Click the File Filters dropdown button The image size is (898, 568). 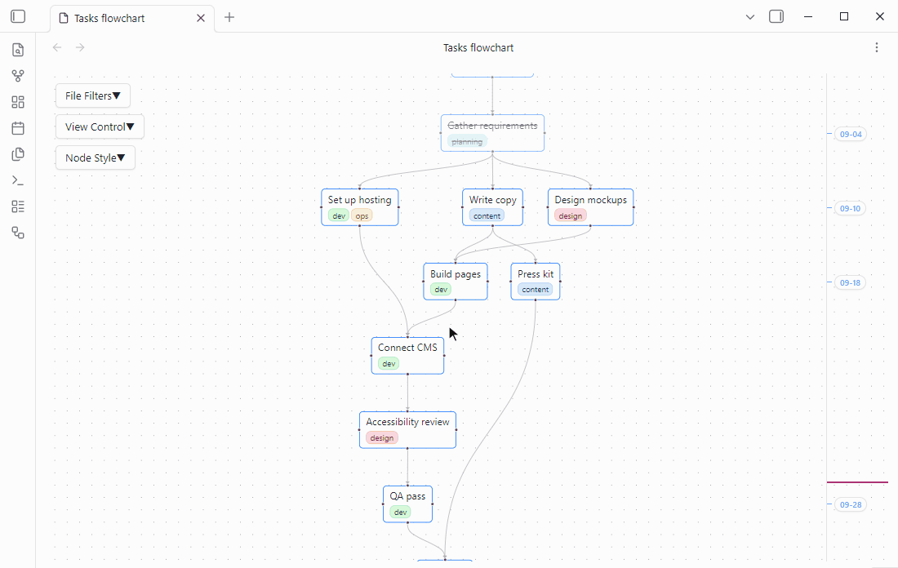click(x=93, y=95)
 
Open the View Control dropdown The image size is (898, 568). click(x=100, y=126)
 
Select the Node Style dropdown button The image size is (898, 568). click(x=95, y=158)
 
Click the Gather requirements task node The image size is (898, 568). click(x=492, y=133)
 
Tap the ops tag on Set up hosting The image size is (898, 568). click(x=362, y=216)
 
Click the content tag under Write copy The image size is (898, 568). click(x=487, y=216)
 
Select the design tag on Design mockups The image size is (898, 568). click(x=571, y=216)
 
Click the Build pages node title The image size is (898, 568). click(x=456, y=274)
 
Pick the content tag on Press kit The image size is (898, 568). click(x=536, y=290)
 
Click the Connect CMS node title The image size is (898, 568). click(x=407, y=348)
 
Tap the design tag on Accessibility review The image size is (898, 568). click(x=382, y=438)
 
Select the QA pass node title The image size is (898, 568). click(x=407, y=496)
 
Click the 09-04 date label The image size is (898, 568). click(x=851, y=135)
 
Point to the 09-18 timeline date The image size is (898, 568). click(x=851, y=283)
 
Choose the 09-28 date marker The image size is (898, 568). click(x=851, y=505)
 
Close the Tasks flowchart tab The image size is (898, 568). click(x=201, y=18)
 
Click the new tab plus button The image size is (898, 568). click(x=229, y=17)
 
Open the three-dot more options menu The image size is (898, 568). click(x=876, y=47)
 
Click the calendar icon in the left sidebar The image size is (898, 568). click(x=18, y=128)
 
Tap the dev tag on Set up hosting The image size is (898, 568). click(x=339, y=216)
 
